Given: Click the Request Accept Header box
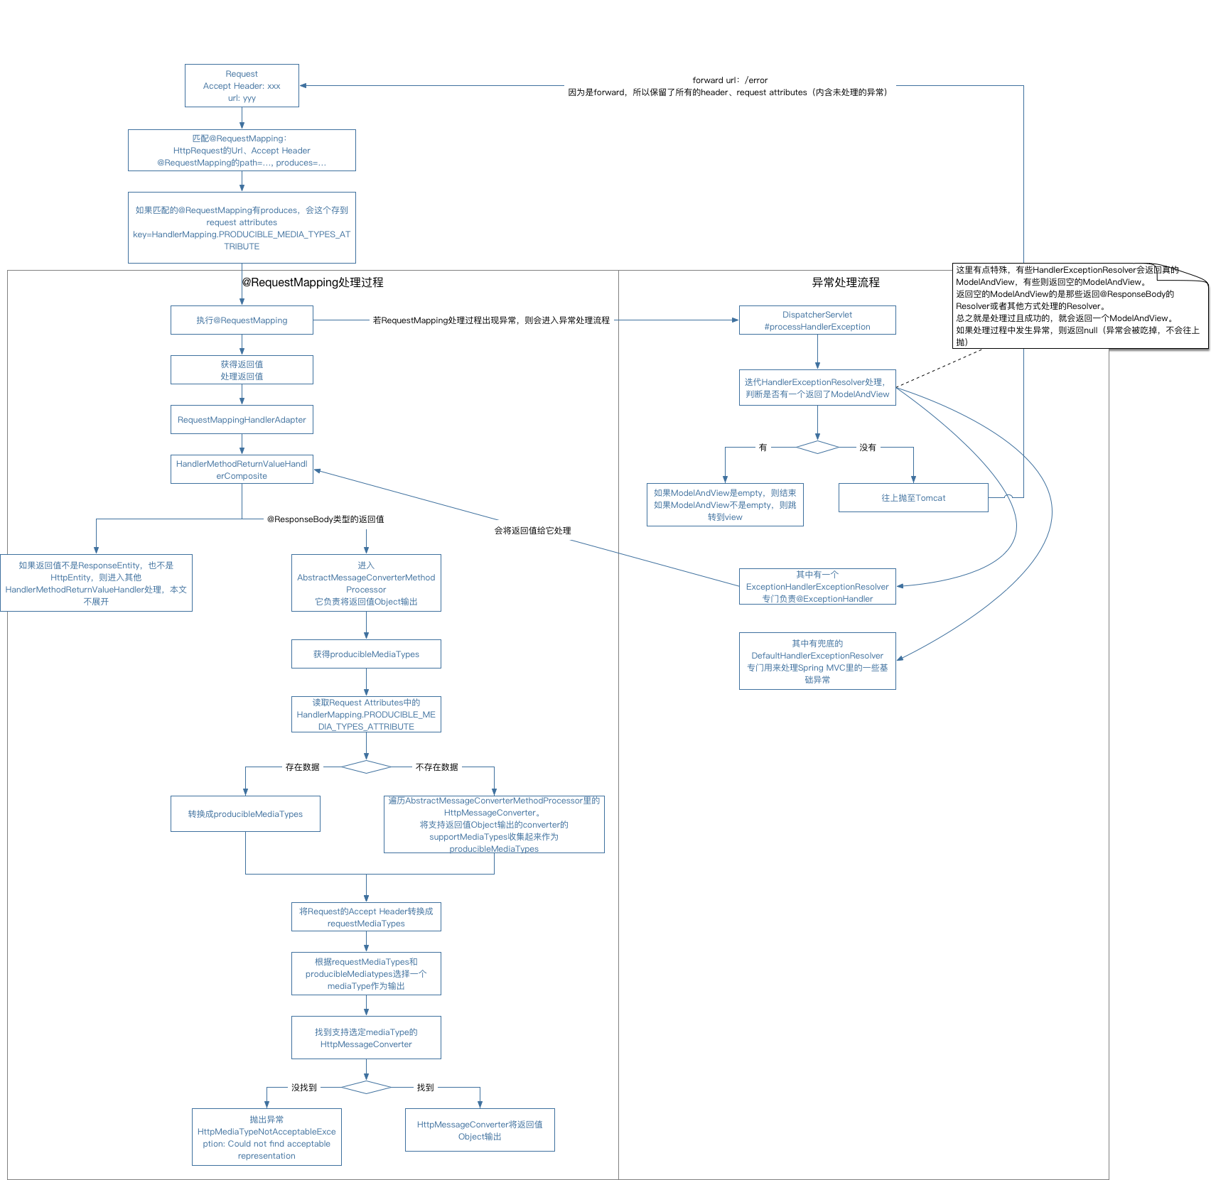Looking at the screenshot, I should pyautogui.click(x=242, y=86).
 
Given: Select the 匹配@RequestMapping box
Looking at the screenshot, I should pyautogui.click(x=242, y=151).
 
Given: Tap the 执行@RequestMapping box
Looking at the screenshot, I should pyautogui.click(x=242, y=320).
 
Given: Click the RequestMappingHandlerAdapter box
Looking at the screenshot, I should pyautogui.click(x=242, y=420).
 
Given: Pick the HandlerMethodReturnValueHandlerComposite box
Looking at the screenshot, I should pyautogui.click(x=242, y=470).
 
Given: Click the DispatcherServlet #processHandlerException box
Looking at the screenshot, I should pyautogui.click(x=817, y=320).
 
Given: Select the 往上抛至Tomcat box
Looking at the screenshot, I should pyautogui.click(x=913, y=498).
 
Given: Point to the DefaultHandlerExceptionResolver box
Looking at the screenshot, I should pyautogui.click(x=817, y=661).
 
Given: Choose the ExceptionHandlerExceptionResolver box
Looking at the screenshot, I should pyautogui.click(x=817, y=587).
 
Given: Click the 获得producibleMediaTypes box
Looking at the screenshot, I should pyautogui.click(x=366, y=654).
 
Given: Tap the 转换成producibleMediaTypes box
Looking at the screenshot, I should pyautogui.click(x=245, y=814).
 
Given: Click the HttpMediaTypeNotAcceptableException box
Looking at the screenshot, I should pyautogui.click(x=267, y=1137).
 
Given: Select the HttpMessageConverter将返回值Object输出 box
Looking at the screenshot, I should pyautogui.click(x=480, y=1130).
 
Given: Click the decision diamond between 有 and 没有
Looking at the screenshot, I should pyautogui.click(x=817, y=448).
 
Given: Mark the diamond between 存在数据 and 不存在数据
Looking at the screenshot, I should pyautogui.click(x=366, y=767).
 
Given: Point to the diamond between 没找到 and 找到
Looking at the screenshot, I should pyautogui.click(x=366, y=1088).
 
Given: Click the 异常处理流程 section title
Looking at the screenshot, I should pyautogui.click(x=846, y=283).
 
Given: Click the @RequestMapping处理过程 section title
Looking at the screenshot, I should pyautogui.click(x=313, y=283).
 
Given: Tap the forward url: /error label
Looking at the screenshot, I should pyautogui.click(x=730, y=80).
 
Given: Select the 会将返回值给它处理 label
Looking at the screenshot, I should pyautogui.click(x=532, y=531).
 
